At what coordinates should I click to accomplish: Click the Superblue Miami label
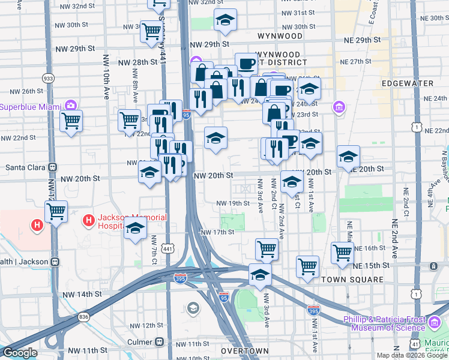tap(30, 107)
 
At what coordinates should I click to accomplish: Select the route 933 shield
tap(47, 79)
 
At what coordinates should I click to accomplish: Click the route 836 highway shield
tap(83, 316)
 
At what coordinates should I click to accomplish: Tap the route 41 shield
tap(415, 342)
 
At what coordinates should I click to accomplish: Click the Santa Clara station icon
tap(52, 167)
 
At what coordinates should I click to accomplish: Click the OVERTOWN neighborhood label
tap(244, 350)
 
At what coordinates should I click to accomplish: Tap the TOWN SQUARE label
tap(352, 280)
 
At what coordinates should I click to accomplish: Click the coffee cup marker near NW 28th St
tap(246, 63)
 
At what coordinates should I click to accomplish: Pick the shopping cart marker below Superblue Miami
tap(71, 121)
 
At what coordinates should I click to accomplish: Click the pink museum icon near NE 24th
tap(339, 107)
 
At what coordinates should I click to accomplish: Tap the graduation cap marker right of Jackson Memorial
tap(136, 229)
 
